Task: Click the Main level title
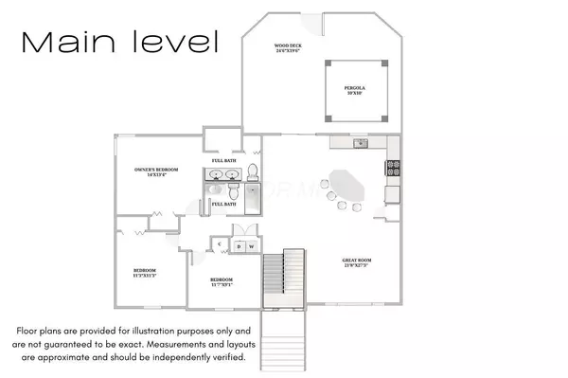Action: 119,42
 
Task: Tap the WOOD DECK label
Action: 287,48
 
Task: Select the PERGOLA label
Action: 354,91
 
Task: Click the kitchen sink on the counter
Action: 360,144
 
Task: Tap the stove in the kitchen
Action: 393,169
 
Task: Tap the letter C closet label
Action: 219,244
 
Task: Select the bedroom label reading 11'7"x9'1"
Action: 221,282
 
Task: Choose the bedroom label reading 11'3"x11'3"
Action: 144,274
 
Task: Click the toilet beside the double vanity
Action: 253,172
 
